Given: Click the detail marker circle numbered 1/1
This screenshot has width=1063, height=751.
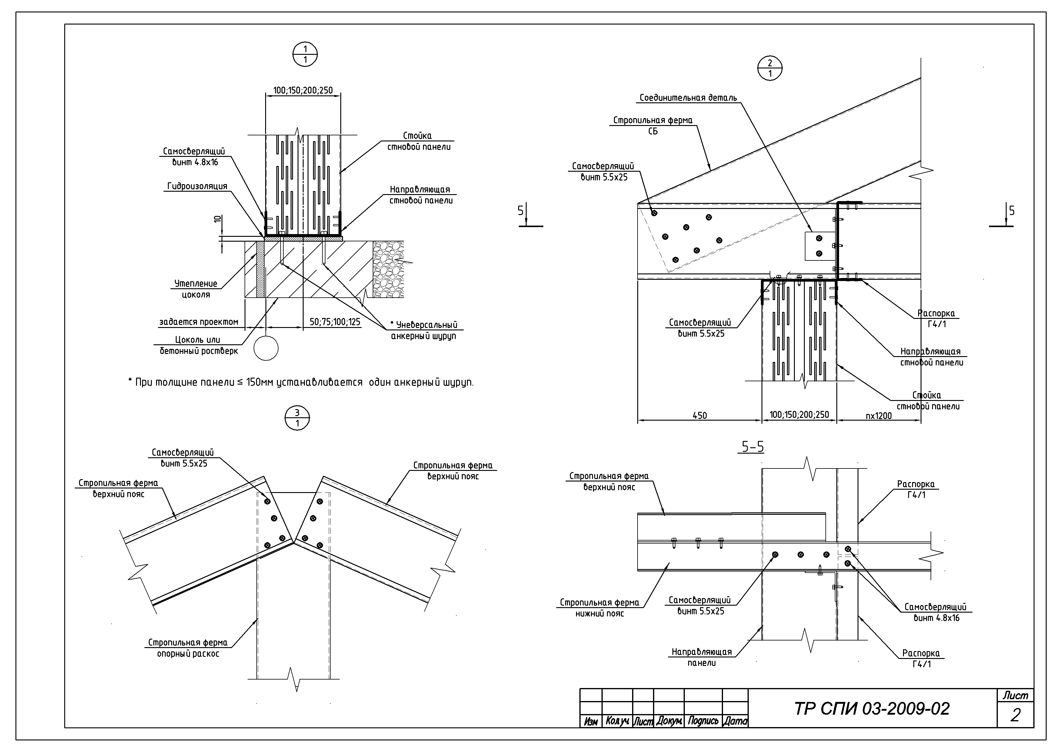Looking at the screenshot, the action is (305, 55).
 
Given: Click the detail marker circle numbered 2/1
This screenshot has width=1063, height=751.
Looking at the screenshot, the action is (770, 69).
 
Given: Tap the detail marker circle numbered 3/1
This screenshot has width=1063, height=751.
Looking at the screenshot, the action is (297, 418).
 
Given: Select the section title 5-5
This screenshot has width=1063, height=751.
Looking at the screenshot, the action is (753, 447).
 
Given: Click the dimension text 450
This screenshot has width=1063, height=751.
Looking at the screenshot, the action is (700, 415).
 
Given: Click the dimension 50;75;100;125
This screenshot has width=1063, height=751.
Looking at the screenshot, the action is (335, 322).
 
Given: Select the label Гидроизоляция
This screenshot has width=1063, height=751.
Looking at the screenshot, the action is (197, 186).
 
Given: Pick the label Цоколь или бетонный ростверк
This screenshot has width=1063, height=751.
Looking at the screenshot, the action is (199, 345).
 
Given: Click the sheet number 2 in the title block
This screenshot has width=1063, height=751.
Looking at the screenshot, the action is (1015, 715).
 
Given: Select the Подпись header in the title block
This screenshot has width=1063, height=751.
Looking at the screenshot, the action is (703, 721).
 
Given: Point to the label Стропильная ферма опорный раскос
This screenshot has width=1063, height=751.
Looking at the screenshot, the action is (188, 648).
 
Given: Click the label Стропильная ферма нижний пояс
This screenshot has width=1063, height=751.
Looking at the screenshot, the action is (600, 608).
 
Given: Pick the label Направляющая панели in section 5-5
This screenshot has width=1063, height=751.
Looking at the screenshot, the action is (702, 657).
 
